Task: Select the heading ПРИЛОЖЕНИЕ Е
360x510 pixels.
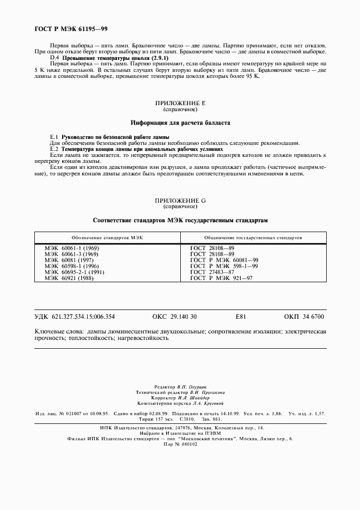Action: tap(180, 102)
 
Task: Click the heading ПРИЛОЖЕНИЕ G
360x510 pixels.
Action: tap(180, 201)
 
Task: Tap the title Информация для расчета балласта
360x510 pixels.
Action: tap(180, 123)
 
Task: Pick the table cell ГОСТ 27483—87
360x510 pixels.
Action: tap(212, 271)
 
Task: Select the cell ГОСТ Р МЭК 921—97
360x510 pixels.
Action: tap(221, 277)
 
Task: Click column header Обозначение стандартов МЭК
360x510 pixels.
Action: tap(107, 238)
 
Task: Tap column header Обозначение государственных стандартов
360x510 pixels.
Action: tap(254, 238)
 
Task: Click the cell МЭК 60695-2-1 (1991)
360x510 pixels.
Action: tap(74, 271)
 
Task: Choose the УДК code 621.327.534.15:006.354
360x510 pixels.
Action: tap(75, 317)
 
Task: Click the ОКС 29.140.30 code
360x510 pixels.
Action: tap(174, 317)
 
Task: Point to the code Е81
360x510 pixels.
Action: tap(241, 317)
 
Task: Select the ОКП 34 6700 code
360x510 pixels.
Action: tap(304, 317)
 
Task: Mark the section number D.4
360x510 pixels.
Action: tap(54, 58)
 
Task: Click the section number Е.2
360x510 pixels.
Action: tap(54, 148)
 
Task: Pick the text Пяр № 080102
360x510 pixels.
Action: tap(180, 444)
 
